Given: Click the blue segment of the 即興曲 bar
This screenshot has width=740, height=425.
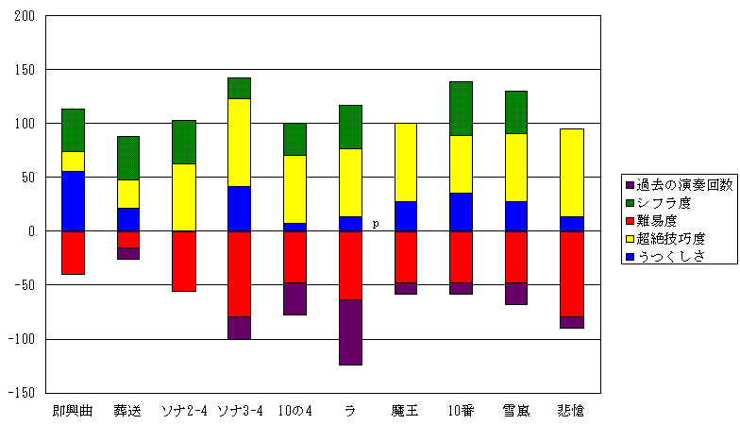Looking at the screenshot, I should [73, 201].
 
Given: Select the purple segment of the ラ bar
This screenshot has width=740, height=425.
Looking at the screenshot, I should [350, 331].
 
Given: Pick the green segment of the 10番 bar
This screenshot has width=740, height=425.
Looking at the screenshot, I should [461, 109].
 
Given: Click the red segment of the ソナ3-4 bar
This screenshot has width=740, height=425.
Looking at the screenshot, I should [239, 274].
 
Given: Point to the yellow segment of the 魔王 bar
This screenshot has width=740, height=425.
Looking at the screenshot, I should [405, 162].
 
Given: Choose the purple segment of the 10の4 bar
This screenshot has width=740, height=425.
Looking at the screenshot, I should [294, 298].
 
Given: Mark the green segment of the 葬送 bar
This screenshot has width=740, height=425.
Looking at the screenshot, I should [127, 158].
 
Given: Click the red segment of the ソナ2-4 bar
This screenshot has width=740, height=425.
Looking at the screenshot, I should [183, 261].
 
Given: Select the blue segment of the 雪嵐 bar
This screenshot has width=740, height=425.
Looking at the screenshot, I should [515, 216].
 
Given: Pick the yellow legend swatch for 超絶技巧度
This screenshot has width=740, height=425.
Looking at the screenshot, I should [629, 238].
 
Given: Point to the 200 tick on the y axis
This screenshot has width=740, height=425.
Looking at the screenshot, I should [25, 16].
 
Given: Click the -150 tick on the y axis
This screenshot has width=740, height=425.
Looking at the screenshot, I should [22, 393].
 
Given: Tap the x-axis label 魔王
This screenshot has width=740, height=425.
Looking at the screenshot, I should [405, 411].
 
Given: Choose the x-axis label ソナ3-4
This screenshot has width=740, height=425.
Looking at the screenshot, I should [239, 411].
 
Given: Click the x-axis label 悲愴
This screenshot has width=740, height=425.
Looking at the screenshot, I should [570, 411].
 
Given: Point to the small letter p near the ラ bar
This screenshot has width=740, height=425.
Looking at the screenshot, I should [375, 224].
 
